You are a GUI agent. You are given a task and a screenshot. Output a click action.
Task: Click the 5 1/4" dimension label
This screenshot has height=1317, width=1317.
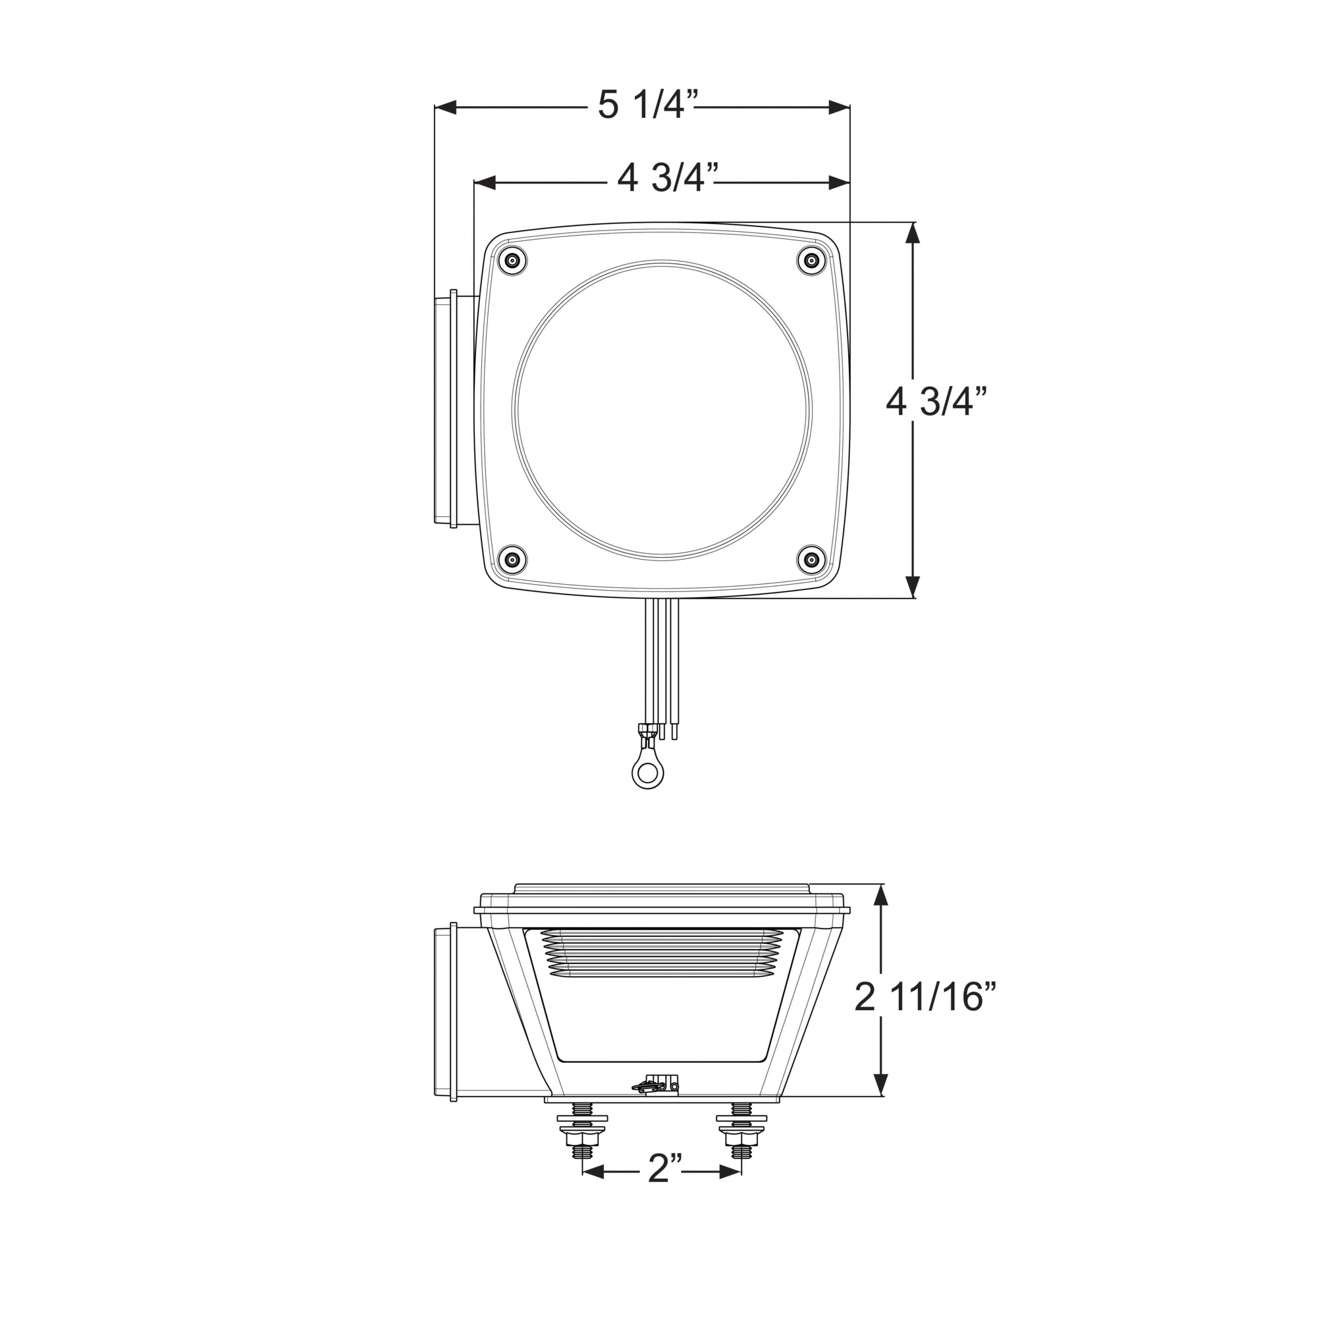(648, 105)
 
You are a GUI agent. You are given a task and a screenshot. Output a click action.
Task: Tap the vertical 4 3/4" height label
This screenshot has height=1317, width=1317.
(936, 402)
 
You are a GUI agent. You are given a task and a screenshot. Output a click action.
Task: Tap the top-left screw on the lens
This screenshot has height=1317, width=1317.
(512, 259)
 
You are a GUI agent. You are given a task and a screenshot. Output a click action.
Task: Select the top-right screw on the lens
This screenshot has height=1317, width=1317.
(811, 259)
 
